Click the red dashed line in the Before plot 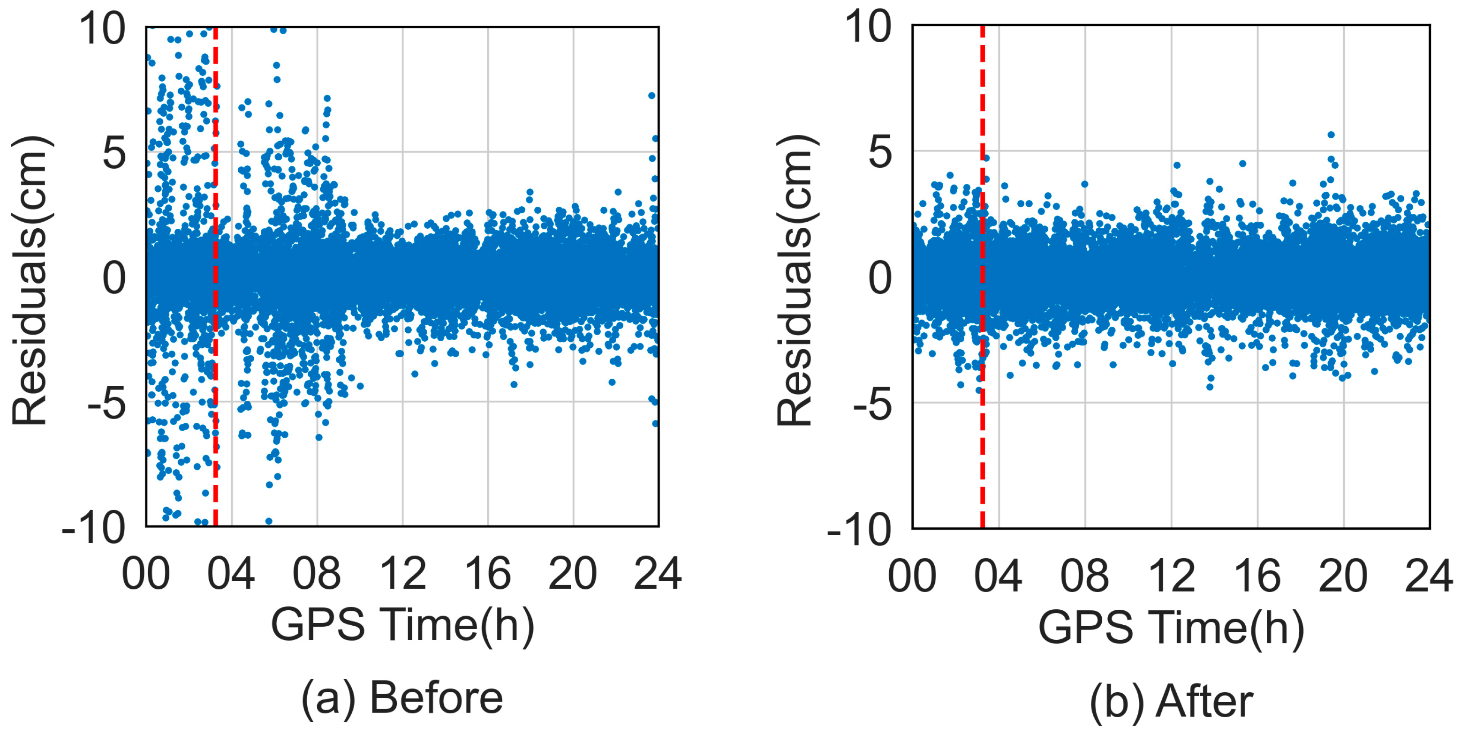click(x=216, y=453)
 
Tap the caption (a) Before click(x=401, y=698)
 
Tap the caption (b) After click(x=1171, y=702)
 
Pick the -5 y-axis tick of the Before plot click(x=106, y=404)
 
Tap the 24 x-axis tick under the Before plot click(x=658, y=574)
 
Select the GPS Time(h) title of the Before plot click(x=402, y=625)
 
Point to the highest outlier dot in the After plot click(x=1331, y=135)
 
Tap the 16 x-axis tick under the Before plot click(x=487, y=574)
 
